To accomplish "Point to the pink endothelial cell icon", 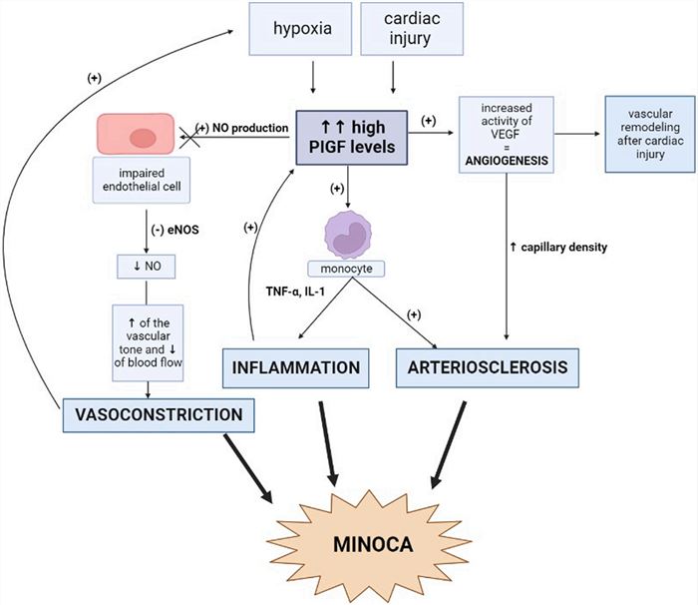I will [x=141, y=136].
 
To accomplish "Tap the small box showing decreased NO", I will [x=146, y=268].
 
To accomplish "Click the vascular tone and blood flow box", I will [x=146, y=338].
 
